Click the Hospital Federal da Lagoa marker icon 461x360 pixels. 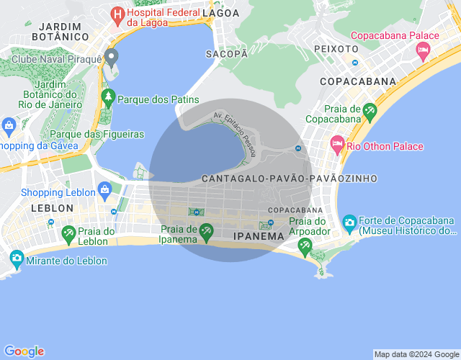click(117, 14)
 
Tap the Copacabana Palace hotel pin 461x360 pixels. click(423, 50)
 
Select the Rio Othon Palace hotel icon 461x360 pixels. click(336, 145)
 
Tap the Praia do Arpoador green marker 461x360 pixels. click(305, 245)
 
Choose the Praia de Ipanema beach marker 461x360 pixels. click(207, 230)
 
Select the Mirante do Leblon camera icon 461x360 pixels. click(16, 257)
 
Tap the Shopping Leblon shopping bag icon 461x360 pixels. click(105, 190)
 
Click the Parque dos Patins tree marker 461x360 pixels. click(108, 96)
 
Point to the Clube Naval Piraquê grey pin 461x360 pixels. click(111, 56)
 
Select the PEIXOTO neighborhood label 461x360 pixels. click(336, 48)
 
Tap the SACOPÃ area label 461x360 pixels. click(222, 54)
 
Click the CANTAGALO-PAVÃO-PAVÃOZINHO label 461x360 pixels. click(290, 178)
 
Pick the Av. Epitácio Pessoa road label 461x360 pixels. click(235, 129)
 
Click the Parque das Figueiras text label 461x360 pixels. click(97, 134)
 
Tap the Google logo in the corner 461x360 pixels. click(24, 351)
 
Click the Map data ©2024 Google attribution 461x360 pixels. click(416, 354)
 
